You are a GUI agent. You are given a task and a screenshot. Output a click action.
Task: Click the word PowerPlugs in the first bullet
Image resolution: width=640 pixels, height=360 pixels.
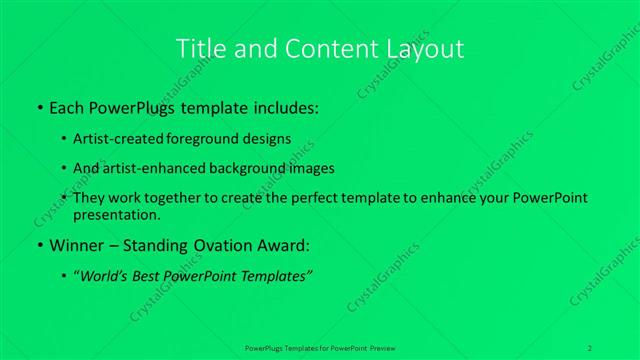(x=144, y=106)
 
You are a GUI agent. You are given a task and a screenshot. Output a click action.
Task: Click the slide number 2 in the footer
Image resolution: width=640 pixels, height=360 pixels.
(x=591, y=347)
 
